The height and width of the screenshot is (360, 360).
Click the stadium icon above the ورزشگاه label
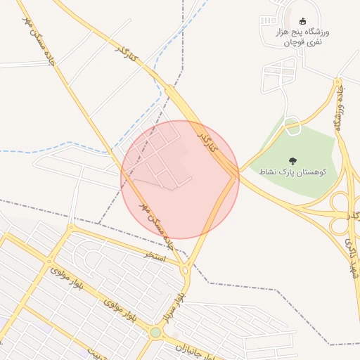[303, 21]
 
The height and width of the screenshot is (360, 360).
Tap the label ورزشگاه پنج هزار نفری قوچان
[310, 37]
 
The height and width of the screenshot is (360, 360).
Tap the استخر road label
[154, 255]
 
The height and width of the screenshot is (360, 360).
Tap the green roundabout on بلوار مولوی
[155, 332]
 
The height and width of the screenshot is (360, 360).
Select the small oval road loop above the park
[292, 127]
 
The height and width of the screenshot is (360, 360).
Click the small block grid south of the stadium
[279, 76]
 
